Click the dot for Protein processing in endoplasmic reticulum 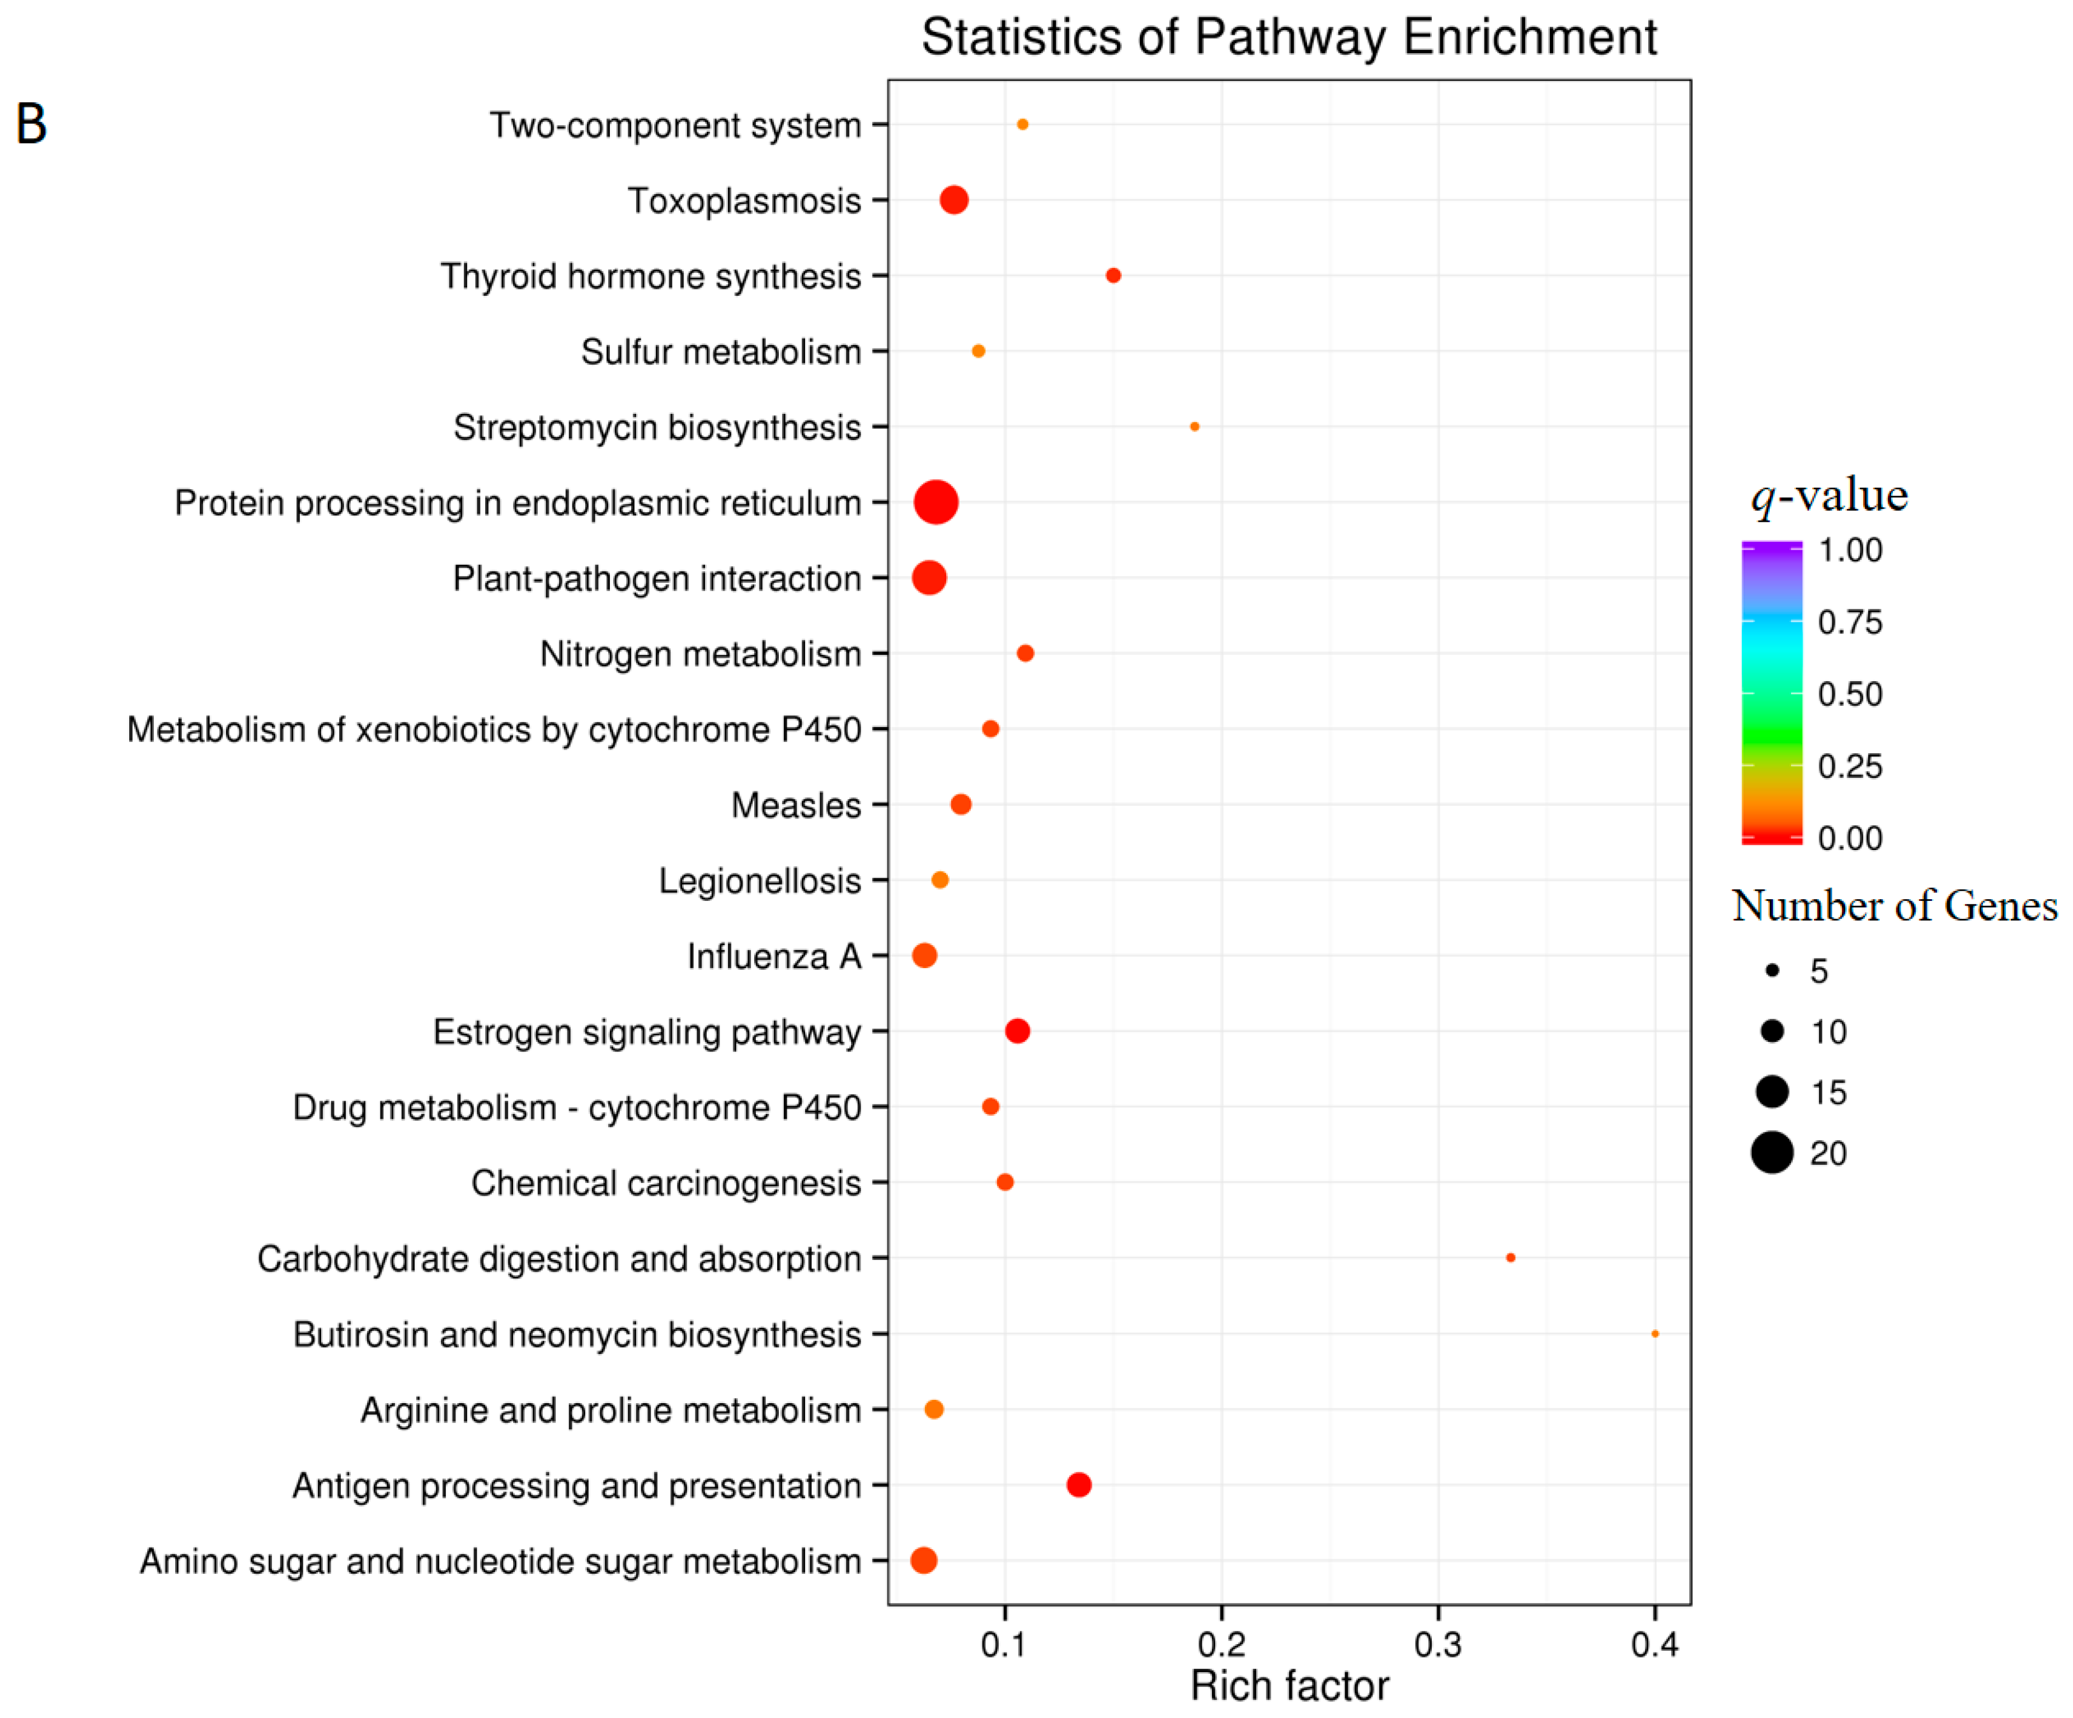936,502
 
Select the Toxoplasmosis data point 953,200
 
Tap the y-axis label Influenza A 774,956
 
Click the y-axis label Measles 796,805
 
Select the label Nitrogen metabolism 700,654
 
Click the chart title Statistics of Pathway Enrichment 1289,37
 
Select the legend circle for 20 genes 1772,1153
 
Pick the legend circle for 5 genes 1772,971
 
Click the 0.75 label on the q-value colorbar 1850,622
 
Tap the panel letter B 31,124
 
